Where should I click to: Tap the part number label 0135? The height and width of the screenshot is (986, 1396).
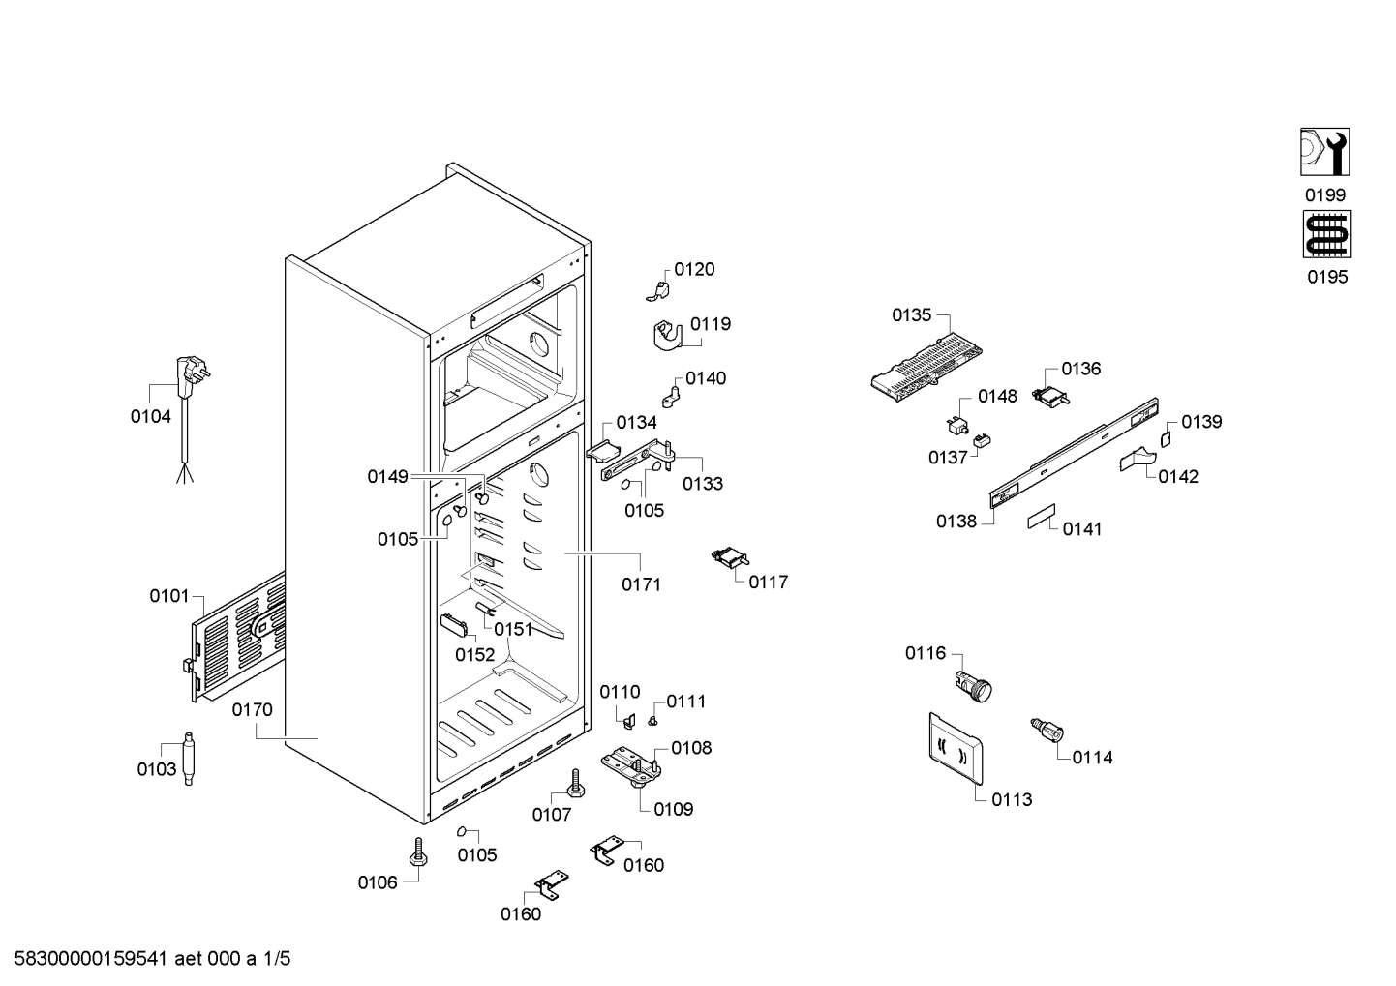click(911, 315)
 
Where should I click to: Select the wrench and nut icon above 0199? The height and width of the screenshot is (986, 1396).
click(1325, 152)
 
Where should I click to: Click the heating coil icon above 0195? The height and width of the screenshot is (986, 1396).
click(1327, 233)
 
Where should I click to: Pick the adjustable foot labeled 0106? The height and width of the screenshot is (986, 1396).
click(418, 852)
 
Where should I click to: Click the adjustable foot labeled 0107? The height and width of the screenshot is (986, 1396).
click(575, 783)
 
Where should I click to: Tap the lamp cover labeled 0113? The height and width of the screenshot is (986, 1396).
click(956, 748)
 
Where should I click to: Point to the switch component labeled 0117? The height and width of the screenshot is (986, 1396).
click(730, 556)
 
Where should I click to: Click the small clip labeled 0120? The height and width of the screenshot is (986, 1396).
click(658, 291)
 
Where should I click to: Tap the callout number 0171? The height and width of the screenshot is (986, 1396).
click(641, 584)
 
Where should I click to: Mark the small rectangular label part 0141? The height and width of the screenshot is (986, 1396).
click(1042, 516)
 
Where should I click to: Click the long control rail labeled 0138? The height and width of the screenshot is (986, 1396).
click(1074, 452)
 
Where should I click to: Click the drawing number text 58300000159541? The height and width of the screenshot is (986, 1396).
click(91, 959)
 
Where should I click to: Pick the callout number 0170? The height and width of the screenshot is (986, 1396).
click(253, 709)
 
